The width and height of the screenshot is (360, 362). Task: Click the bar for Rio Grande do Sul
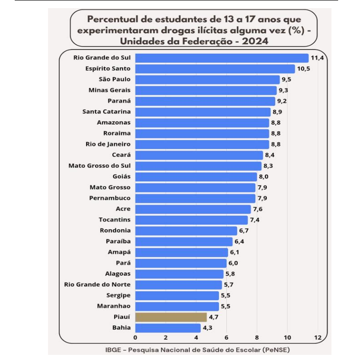pos(222,58)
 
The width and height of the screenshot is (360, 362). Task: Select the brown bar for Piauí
pos(171,317)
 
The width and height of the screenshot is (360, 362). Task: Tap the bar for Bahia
pos(168,328)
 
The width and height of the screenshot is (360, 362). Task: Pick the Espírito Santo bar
pos(215,68)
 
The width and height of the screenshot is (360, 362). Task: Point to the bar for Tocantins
pos(191,220)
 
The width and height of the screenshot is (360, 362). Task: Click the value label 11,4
pos(317,58)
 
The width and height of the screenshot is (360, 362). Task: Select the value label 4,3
pos(208,328)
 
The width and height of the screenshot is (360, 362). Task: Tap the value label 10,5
pos(303,68)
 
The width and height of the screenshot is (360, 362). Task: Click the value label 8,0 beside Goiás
pos(264,177)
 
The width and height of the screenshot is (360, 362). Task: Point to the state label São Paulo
pos(114,79)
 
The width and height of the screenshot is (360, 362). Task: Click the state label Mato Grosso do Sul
pos(99,166)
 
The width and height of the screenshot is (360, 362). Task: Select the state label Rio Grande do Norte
pos(97,284)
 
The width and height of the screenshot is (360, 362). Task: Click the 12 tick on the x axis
pos(317,337)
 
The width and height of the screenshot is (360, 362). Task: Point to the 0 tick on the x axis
pos(136,337)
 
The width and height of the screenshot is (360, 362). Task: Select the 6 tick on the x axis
pos(226,337)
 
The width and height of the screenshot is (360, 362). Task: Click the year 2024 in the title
pos(253,41)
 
